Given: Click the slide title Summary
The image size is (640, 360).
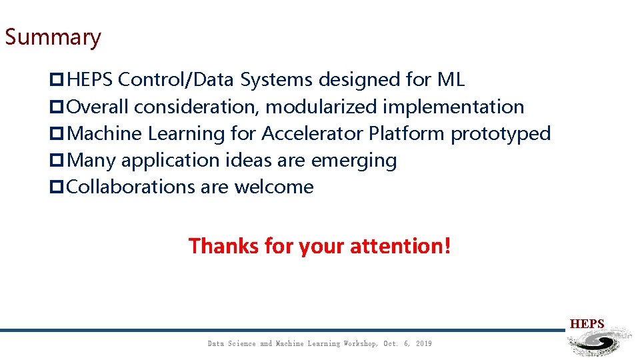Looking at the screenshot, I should (x=53, y=37).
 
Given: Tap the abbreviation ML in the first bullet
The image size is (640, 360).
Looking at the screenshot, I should (x=451, y=80).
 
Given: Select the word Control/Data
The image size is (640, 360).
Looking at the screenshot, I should (x=177, y=80).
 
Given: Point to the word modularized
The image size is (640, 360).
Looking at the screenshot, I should (x=323, y=107).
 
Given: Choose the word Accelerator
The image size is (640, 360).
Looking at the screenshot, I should (x=311, y=133).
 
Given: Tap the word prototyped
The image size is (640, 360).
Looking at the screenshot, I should (x=501, y=133).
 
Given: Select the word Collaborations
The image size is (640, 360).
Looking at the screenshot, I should (x=131, y=187).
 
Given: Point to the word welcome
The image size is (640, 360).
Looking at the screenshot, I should (x=273, y=187).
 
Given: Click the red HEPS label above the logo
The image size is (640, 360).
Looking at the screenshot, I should (x=587, y=324).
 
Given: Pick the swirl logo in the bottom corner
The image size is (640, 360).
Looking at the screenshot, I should (x=598, y=343).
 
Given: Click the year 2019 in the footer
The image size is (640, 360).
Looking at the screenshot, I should (x=423, y=343).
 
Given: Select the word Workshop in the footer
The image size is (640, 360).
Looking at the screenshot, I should (x=361, y=343).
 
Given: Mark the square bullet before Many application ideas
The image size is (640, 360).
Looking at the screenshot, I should (x=57, y=161).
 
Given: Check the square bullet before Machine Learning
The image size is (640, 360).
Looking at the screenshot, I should (x=57, y=134).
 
